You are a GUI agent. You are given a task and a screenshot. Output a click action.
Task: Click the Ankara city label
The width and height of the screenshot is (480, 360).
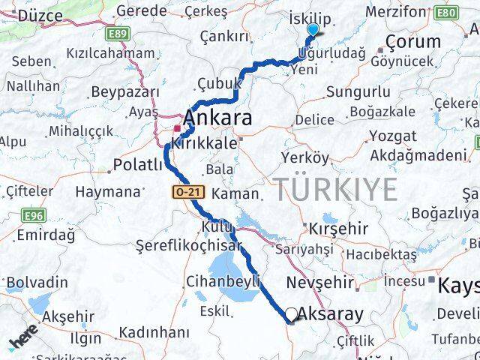(217, 118)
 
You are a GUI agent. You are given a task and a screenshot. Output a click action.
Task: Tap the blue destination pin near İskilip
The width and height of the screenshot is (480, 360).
(313, 29)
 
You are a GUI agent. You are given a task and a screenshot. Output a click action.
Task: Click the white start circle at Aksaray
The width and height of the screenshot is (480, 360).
(291, 314)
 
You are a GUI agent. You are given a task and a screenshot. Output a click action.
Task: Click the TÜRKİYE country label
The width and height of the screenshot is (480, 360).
(334, 190)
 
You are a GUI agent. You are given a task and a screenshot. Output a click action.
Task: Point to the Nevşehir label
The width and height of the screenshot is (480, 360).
(319, 282)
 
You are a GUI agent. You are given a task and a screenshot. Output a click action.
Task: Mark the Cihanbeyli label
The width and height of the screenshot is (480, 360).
(223, 282)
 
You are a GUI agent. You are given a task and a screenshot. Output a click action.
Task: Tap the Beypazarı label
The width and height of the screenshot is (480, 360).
(125, 92)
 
